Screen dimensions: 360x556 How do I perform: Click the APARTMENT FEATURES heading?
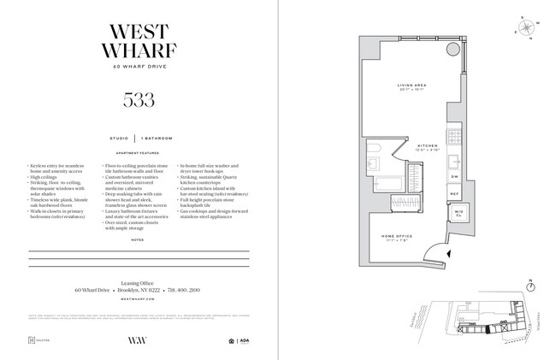[x=139, y=150]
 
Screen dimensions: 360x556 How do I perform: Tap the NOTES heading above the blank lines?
[x=139, y=240]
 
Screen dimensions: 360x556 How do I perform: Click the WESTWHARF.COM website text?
[x=139, y=301]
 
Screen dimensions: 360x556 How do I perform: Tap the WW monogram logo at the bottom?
[x=138, y=340]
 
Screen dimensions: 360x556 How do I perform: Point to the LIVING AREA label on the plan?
[x=411, y=86]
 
